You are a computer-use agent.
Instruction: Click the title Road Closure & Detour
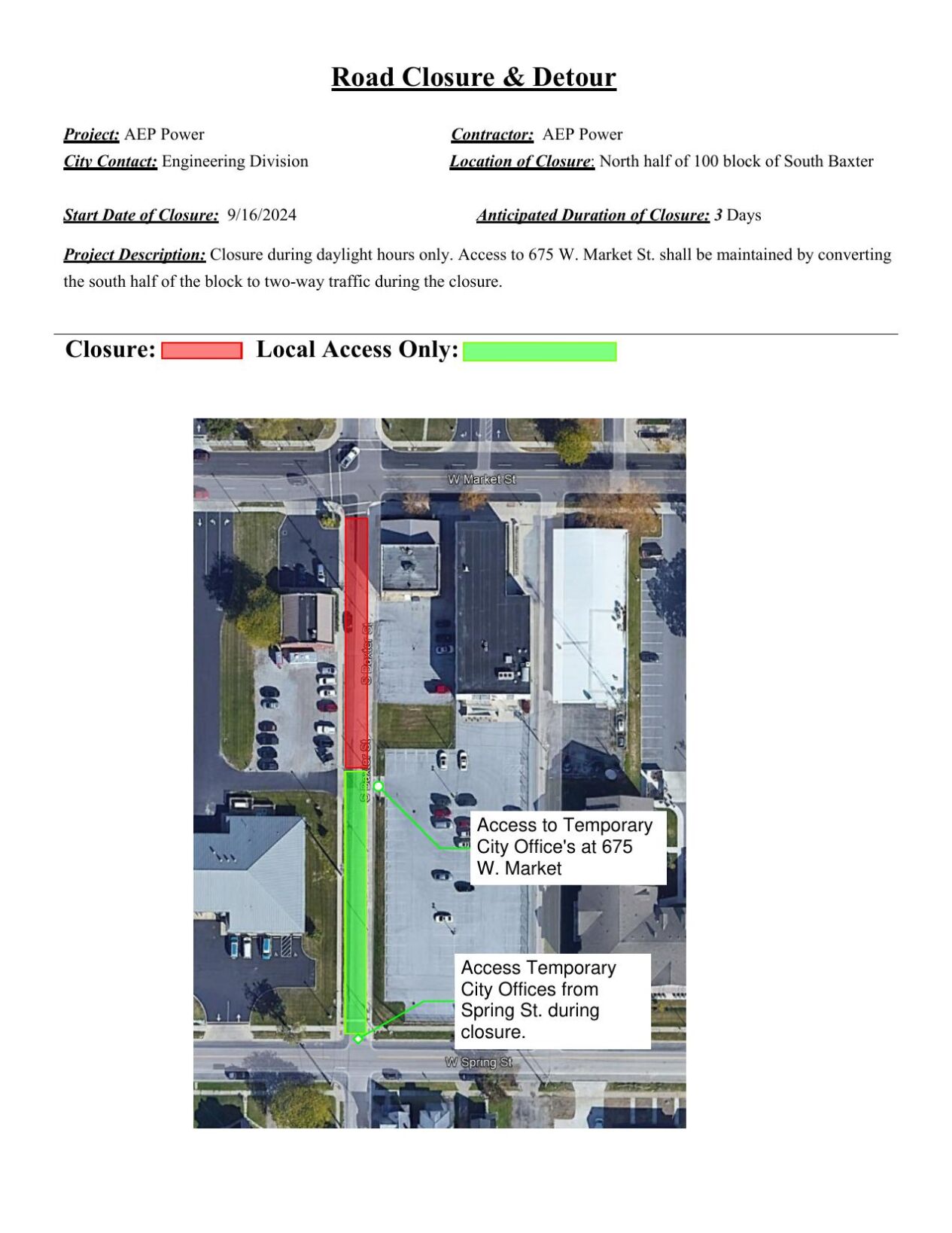tap(473, 78)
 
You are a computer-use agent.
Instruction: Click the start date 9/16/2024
tap(261, 215)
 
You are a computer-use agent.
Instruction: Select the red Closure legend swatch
tap(202, 351)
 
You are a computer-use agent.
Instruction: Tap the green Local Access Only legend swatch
tap(539, 352)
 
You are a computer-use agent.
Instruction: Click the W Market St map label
tap(482, 479)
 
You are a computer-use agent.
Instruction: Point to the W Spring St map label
tap(478, 1062)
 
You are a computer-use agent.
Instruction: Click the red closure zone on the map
tap(356, 640)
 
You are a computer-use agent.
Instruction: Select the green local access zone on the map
tap(355, 903)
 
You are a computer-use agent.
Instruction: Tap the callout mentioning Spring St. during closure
tap(552, 1000)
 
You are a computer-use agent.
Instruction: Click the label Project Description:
tap(134, 254)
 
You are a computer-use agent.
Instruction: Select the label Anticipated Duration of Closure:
tap(592, 215)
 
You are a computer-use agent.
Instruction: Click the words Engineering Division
tap(235, 161)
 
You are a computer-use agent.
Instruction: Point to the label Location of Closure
tap(521, 161)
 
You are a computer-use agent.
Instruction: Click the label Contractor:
tap(492, 135)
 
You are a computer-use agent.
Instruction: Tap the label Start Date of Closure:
tap(141, 215)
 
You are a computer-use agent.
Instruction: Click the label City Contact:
tap(110, 161)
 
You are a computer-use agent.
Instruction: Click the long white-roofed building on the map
tap(589, 613)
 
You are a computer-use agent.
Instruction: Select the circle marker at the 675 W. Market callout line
tap(379, 787)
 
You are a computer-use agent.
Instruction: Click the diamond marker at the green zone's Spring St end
tap(358, 1039)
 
